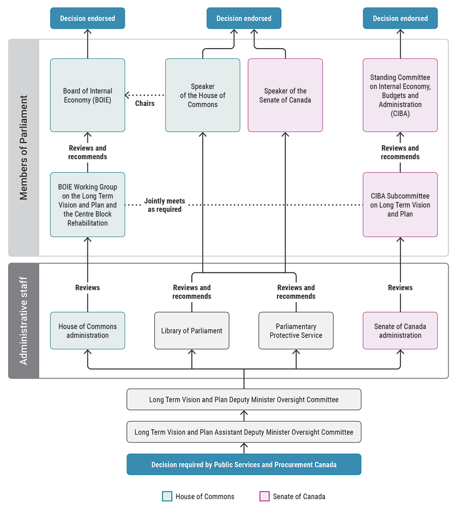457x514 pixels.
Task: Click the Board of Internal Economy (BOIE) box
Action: click(87, 95)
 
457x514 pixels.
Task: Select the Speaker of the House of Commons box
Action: click(203, 95)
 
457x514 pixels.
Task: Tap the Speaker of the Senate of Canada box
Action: click(285, 95)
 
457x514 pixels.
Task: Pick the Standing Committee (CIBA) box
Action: click(400, 95)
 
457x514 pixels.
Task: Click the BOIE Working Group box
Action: click(87, 205)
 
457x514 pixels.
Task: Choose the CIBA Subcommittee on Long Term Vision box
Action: click(400, 205)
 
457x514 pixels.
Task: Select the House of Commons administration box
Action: click(87, 330)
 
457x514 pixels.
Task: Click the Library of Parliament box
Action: click(192, 330)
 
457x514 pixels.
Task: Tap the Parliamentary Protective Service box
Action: click(296, 330)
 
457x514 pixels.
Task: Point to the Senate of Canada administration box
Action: click(400, 330)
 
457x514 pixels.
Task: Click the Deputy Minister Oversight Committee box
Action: click(244, 399)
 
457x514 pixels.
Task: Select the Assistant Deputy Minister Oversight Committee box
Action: click(244, 432)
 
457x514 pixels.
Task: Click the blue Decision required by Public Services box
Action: click(244, 465)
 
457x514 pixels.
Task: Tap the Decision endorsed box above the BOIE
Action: click(87, 18)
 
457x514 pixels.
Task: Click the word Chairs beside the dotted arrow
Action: click(145, 103)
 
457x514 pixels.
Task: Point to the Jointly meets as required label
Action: click(165, 205)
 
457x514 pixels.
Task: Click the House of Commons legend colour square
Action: click(166, 496)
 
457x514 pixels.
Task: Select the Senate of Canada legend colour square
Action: click(264, 496)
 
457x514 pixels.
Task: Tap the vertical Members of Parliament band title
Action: click(24, 148)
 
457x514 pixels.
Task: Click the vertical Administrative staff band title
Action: click(24, 321)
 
